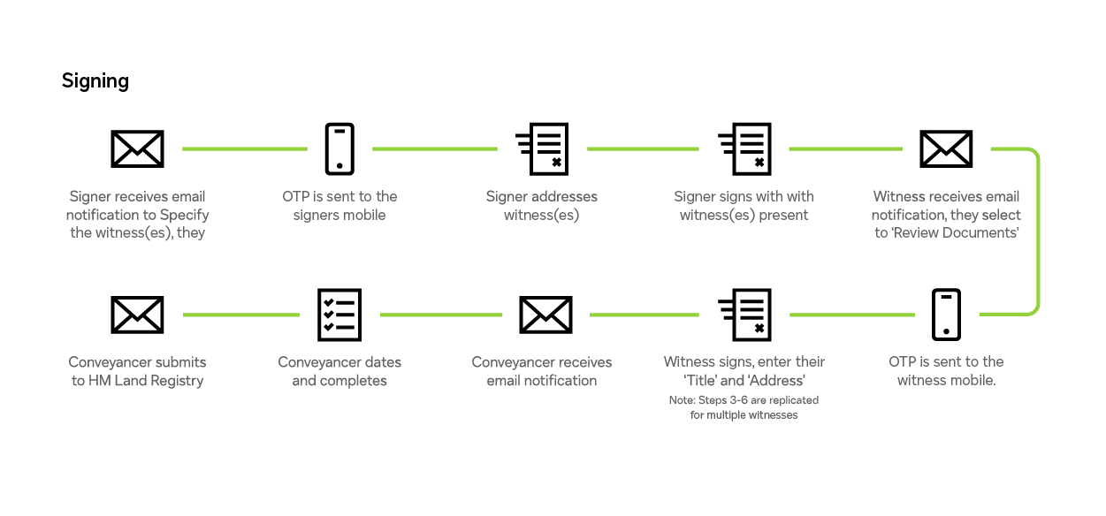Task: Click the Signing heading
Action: tap(95, 81)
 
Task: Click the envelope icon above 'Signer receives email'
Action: tap(137, 148)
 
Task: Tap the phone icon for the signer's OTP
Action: tap(339, 148)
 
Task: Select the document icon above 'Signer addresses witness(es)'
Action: tap(542, 148)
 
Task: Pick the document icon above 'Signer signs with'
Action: tap(744, 148)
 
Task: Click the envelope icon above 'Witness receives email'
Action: tap(946, 148)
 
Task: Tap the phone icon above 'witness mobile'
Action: tap(946, 315)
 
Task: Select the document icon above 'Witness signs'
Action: tap(744, 315)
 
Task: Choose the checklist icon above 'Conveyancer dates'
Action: tap(339, 315)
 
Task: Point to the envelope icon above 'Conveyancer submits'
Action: tap(137, 315)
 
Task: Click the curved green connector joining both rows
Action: tap(1037, 231)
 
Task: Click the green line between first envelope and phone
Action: tap(244, 149)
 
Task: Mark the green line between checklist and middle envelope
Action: tap(440, 315)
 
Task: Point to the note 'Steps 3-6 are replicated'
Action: tap(744, 400)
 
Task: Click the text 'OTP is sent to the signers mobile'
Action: tap(339, 205)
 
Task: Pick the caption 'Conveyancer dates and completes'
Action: tap(339, 371)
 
